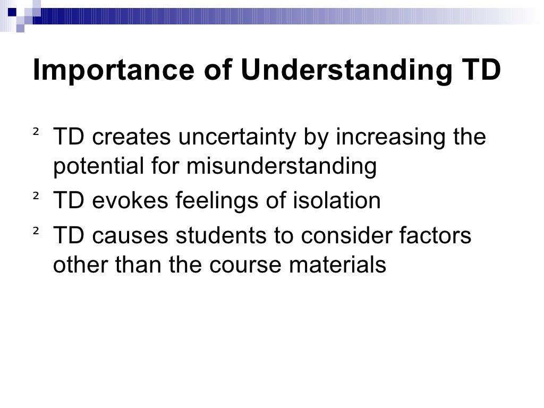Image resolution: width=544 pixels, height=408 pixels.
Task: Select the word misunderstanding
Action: pos(281,167)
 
